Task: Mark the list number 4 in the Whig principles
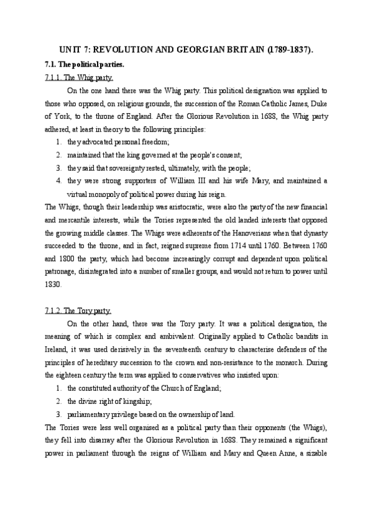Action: [x=57, y=181]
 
